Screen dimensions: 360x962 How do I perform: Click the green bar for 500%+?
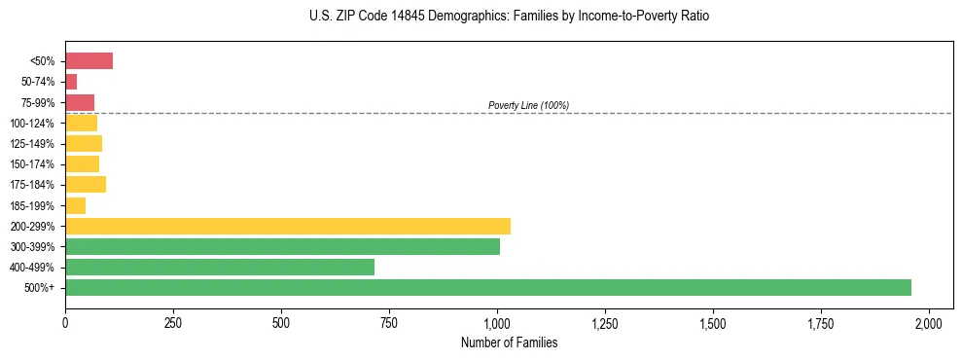pyautogui.click(x=487, y=287)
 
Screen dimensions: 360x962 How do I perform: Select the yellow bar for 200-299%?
pyautogui.click(x=288, y=226)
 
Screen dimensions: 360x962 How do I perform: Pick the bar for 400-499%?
pyautogui.click(x=220, y=267)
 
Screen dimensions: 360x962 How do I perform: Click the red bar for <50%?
pyautogui.click(x=89, y=61)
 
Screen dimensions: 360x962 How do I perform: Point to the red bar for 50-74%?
pyautogui.click(x=71, y=82)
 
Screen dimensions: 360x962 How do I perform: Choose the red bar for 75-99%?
pyautogui.click(x=80, y=102)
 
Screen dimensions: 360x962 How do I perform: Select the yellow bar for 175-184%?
pyautogui.click(x=86, y=185)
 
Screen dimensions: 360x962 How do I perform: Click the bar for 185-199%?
pyautogui.click(x=75, y=205)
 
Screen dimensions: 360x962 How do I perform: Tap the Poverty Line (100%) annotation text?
pyautogui.click(x=528, y=105)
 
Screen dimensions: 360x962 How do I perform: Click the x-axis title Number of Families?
pyautogui.click(x=509, y=342)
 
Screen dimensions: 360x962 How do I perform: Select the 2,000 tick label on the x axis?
pyautogui.click(x=929, y=322)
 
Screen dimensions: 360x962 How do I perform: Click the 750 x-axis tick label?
pyautogui.click(x=389, y=322)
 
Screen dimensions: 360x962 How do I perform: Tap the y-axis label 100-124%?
pyautogui.click(x=32, y=124)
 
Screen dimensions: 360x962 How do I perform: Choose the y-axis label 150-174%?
pyautogui.click(x=32, y=164)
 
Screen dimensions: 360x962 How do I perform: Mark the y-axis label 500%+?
pyautogui.click(x=39, y=288)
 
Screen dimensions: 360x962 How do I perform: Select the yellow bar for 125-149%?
pyautogui.click(x=84, y=144)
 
